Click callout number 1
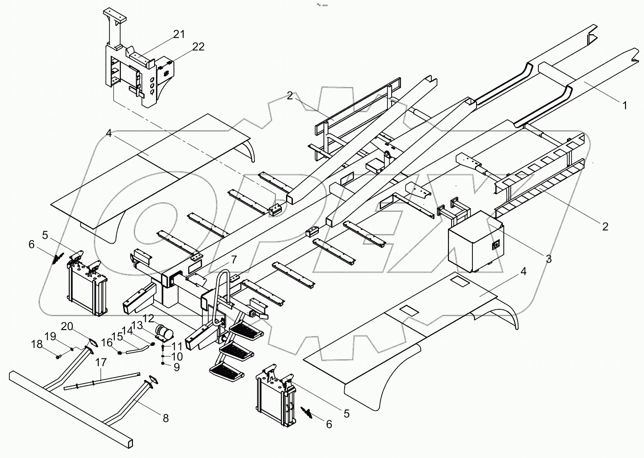(624, 106)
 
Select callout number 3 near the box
(549, 259)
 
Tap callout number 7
(234, 260)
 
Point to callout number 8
(165, 418)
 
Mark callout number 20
(67, 326)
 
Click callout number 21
(179, 34)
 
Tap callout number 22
(198, 47)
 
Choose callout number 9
(177, 367)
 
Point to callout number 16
(107, 342)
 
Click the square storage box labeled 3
(475, 242)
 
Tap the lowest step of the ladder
(227, 370)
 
